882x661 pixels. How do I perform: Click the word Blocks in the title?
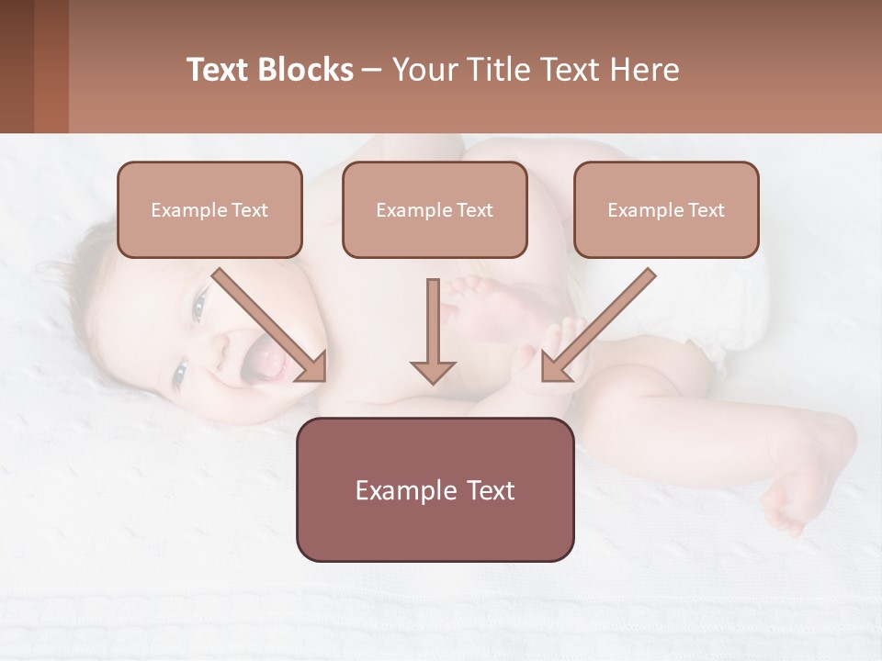[x=305, y=70]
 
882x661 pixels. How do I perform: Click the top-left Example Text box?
[x=209, y=210]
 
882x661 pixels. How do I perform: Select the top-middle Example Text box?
[x=435, y=210]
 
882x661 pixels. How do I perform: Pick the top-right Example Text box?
[x=666, y=210]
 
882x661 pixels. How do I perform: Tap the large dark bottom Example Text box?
[x=435, y=489]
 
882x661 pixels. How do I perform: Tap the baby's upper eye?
[x=199, y=305]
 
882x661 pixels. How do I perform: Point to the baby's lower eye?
[x=180, y=373]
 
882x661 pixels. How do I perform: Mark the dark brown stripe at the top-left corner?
[x=17, y=66]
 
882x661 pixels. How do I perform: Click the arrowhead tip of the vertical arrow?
[x=433, y=381]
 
